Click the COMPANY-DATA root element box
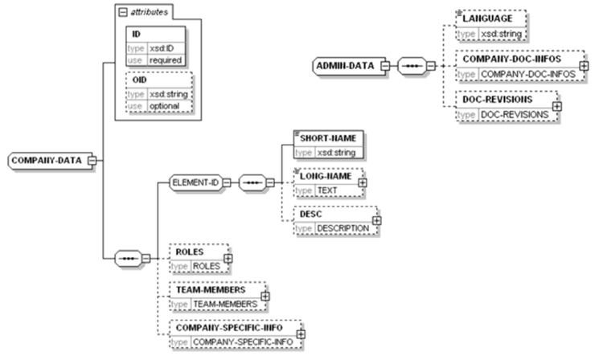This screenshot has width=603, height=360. click(47, 160)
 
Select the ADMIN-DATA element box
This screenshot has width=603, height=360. click(345, 66)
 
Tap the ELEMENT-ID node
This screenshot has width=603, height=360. click(195, 182)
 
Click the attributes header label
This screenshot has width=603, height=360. click(143, 11)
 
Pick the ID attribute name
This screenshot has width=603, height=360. click(137, 35)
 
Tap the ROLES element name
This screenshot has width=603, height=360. click(190, 251)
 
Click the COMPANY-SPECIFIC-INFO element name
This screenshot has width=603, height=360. click(233, 327)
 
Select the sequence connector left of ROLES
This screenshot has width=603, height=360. click(127, 259)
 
